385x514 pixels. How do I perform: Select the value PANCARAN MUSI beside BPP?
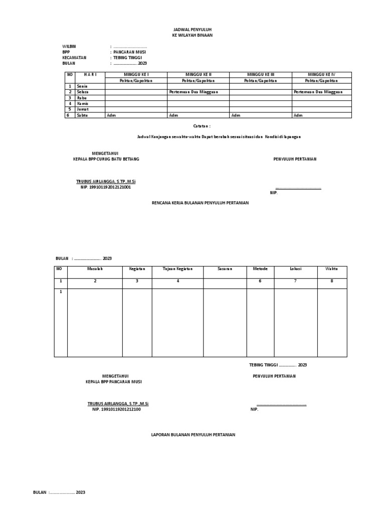tap(130, 52)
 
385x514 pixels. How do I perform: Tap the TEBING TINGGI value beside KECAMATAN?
tap(128, 58)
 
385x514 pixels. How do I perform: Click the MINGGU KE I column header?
tap(136, 75)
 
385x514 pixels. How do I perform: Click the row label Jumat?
tap(83, 109)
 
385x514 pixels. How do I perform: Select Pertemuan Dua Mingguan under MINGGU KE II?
tap(190, 92)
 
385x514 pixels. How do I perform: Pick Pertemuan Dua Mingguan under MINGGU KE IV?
tap(314, 92)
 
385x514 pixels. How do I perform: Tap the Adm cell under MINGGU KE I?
tap(110, 115)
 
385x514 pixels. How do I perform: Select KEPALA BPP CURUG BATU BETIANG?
tap(106, 159)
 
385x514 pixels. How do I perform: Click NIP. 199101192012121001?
tap(106, 187)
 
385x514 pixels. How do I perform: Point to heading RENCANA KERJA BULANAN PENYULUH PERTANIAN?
tap(200, 203)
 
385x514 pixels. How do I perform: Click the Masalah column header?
tap(95, 269)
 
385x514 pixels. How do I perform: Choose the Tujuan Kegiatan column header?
tap(177, 269)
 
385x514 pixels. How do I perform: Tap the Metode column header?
tap(260, 269)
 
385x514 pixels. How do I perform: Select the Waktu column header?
tap(331, 269)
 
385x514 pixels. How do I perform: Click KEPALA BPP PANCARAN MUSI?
tap(114, 382)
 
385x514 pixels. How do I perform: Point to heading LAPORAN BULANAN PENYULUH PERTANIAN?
tap(193, 435)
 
